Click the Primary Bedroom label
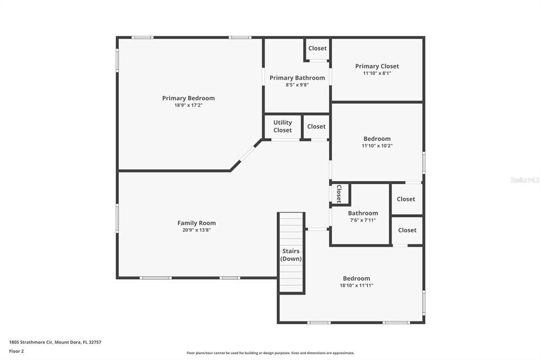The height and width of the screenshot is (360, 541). click(188, 98)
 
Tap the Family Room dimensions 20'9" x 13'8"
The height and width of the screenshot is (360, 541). click(197, 230)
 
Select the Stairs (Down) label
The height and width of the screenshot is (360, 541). click(291, 255)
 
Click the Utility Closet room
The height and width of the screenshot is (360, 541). click(282, 127)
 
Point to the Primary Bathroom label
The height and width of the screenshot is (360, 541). click(297, 78)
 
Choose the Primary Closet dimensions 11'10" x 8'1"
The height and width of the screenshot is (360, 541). click(377, 73)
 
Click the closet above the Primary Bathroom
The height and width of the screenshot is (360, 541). click(318, 49)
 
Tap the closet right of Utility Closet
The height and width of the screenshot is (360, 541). click(316, 127)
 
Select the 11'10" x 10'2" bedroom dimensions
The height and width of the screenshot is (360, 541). click(377, 146)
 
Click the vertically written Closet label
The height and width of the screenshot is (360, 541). click(339, 194)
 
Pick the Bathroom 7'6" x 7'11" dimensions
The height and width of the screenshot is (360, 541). click(362, 220)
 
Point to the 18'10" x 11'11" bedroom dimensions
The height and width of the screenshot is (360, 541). click(356, 286)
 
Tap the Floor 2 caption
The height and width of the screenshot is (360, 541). click(16, 351)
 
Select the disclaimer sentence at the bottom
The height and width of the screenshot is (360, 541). click(270, 353)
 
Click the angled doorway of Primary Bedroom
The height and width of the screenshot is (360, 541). click(246, 155)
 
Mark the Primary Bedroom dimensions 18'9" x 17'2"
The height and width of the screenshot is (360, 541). click(188, 106)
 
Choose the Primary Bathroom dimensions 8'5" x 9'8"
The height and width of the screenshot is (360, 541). click(297, 85)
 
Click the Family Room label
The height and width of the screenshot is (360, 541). click(197, 223)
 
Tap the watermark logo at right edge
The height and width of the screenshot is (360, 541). click(525, 180)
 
